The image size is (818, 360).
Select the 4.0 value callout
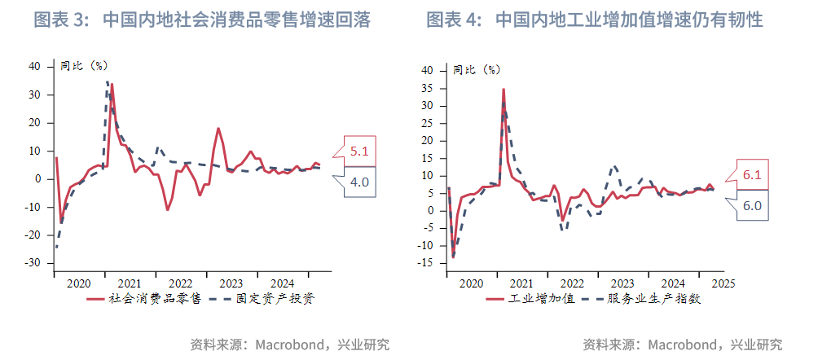pyautogui.click(x=359, y=182)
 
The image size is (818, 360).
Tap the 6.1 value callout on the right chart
pyautogui.click(x=752, y=174)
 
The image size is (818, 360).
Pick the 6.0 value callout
pyautogui.click(x=752, y=205)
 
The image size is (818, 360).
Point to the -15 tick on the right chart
pyautogui.click(x=427, y=263)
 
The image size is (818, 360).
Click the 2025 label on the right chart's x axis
pyautogui.click(x=723, y=283)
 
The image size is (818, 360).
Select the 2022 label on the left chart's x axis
pyautogui.click(x=181, y=283)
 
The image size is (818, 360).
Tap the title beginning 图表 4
pyautogui.click(x=595, y=20)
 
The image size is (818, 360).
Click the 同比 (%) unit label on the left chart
pyautogui.click(x=84, y=65)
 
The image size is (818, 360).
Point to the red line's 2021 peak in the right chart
pyautogui.click(x=504, y=89)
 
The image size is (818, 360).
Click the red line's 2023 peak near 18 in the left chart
pyautogui.click(x=218, y=129)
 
